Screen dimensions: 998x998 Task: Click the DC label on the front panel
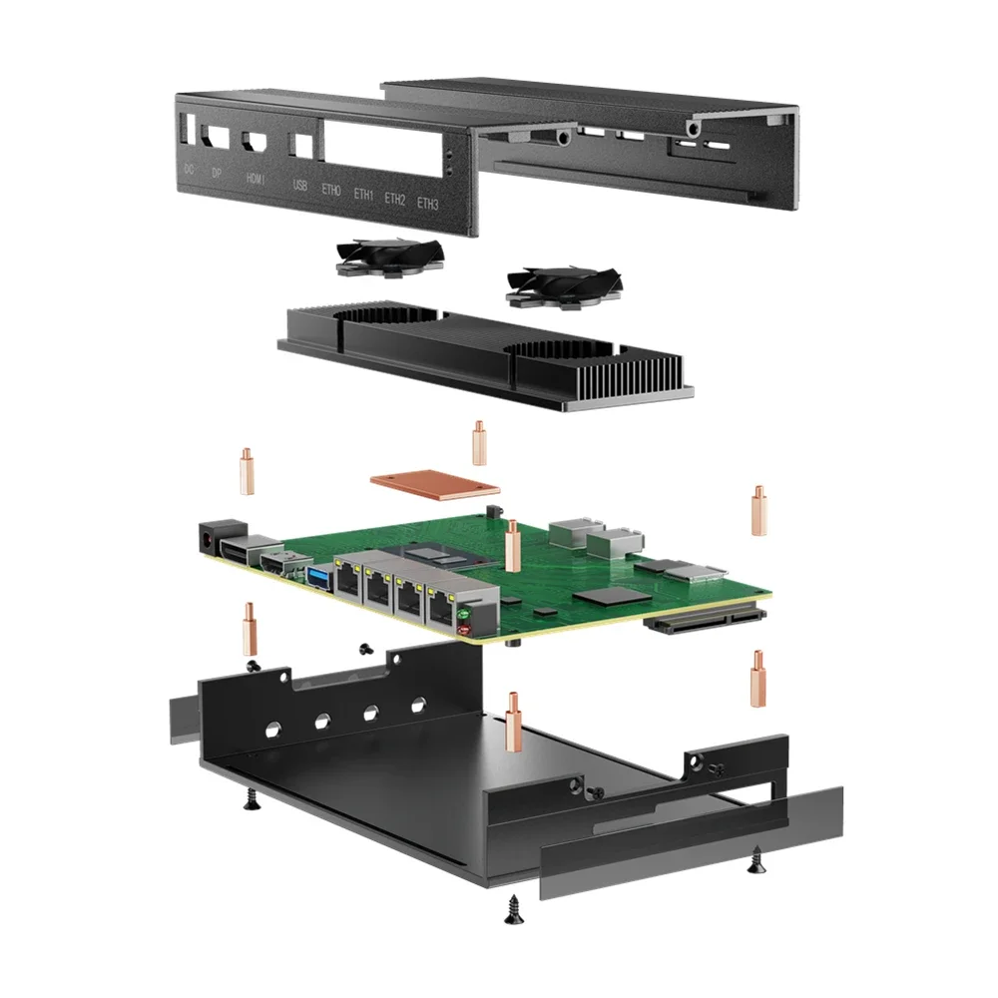pyautogui.click(x=189, y=169)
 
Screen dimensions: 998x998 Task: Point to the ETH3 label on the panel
pyautogui.click(x=427, y=204)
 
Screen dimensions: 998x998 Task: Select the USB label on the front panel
pyautogui.click(x=299, y=185)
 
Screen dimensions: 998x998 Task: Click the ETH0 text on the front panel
pyautogui.click(x=331, y=190)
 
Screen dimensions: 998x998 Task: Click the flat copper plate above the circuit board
pyautogui.click(x=434, y=484)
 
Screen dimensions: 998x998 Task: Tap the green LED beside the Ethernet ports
pyautogui.click(x=463, y=613)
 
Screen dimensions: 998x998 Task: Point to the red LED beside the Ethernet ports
pyautogui.click(x=463, y=629)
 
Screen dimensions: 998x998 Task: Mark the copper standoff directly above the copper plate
pyautogui.click(x=479, y=442)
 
